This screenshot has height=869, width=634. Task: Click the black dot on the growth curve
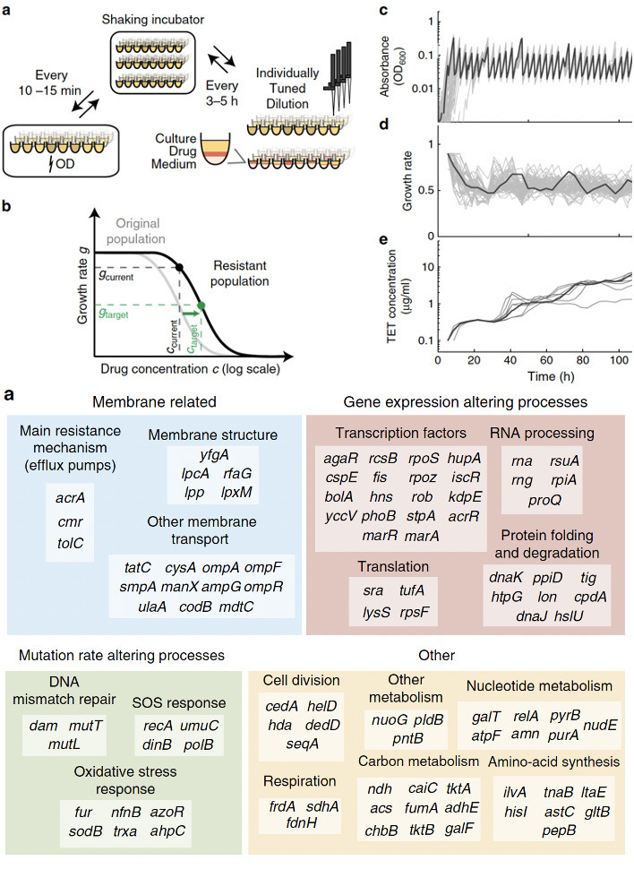pos(181,267)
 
